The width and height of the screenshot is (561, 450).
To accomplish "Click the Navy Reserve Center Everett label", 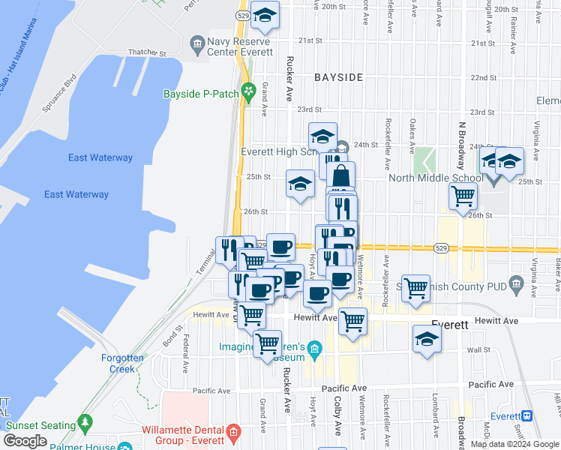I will click(x=240, y=47).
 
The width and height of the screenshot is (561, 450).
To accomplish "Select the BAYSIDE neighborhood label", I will click(x=338, y=77).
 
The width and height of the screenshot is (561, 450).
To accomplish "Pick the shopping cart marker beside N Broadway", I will click(x=463, y=196).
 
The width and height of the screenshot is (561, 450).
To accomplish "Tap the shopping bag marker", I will click(x=340, y=176).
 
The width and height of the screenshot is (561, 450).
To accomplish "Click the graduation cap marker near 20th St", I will click(x=265, y=14).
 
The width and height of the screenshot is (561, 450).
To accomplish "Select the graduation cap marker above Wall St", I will click(x=427, y=338).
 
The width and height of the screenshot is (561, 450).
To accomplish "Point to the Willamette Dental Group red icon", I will click(x=233, y=433).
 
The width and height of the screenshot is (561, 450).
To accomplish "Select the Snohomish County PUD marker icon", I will click(x=515, y=283).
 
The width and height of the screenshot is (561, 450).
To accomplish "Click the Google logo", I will click(x=25, y=441).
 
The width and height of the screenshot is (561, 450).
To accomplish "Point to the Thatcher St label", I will click(x=146, y=54).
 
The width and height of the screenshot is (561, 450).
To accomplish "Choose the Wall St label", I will click(x=478, y=349).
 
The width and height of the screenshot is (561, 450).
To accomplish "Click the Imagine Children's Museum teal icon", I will click(x=315, y=347).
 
